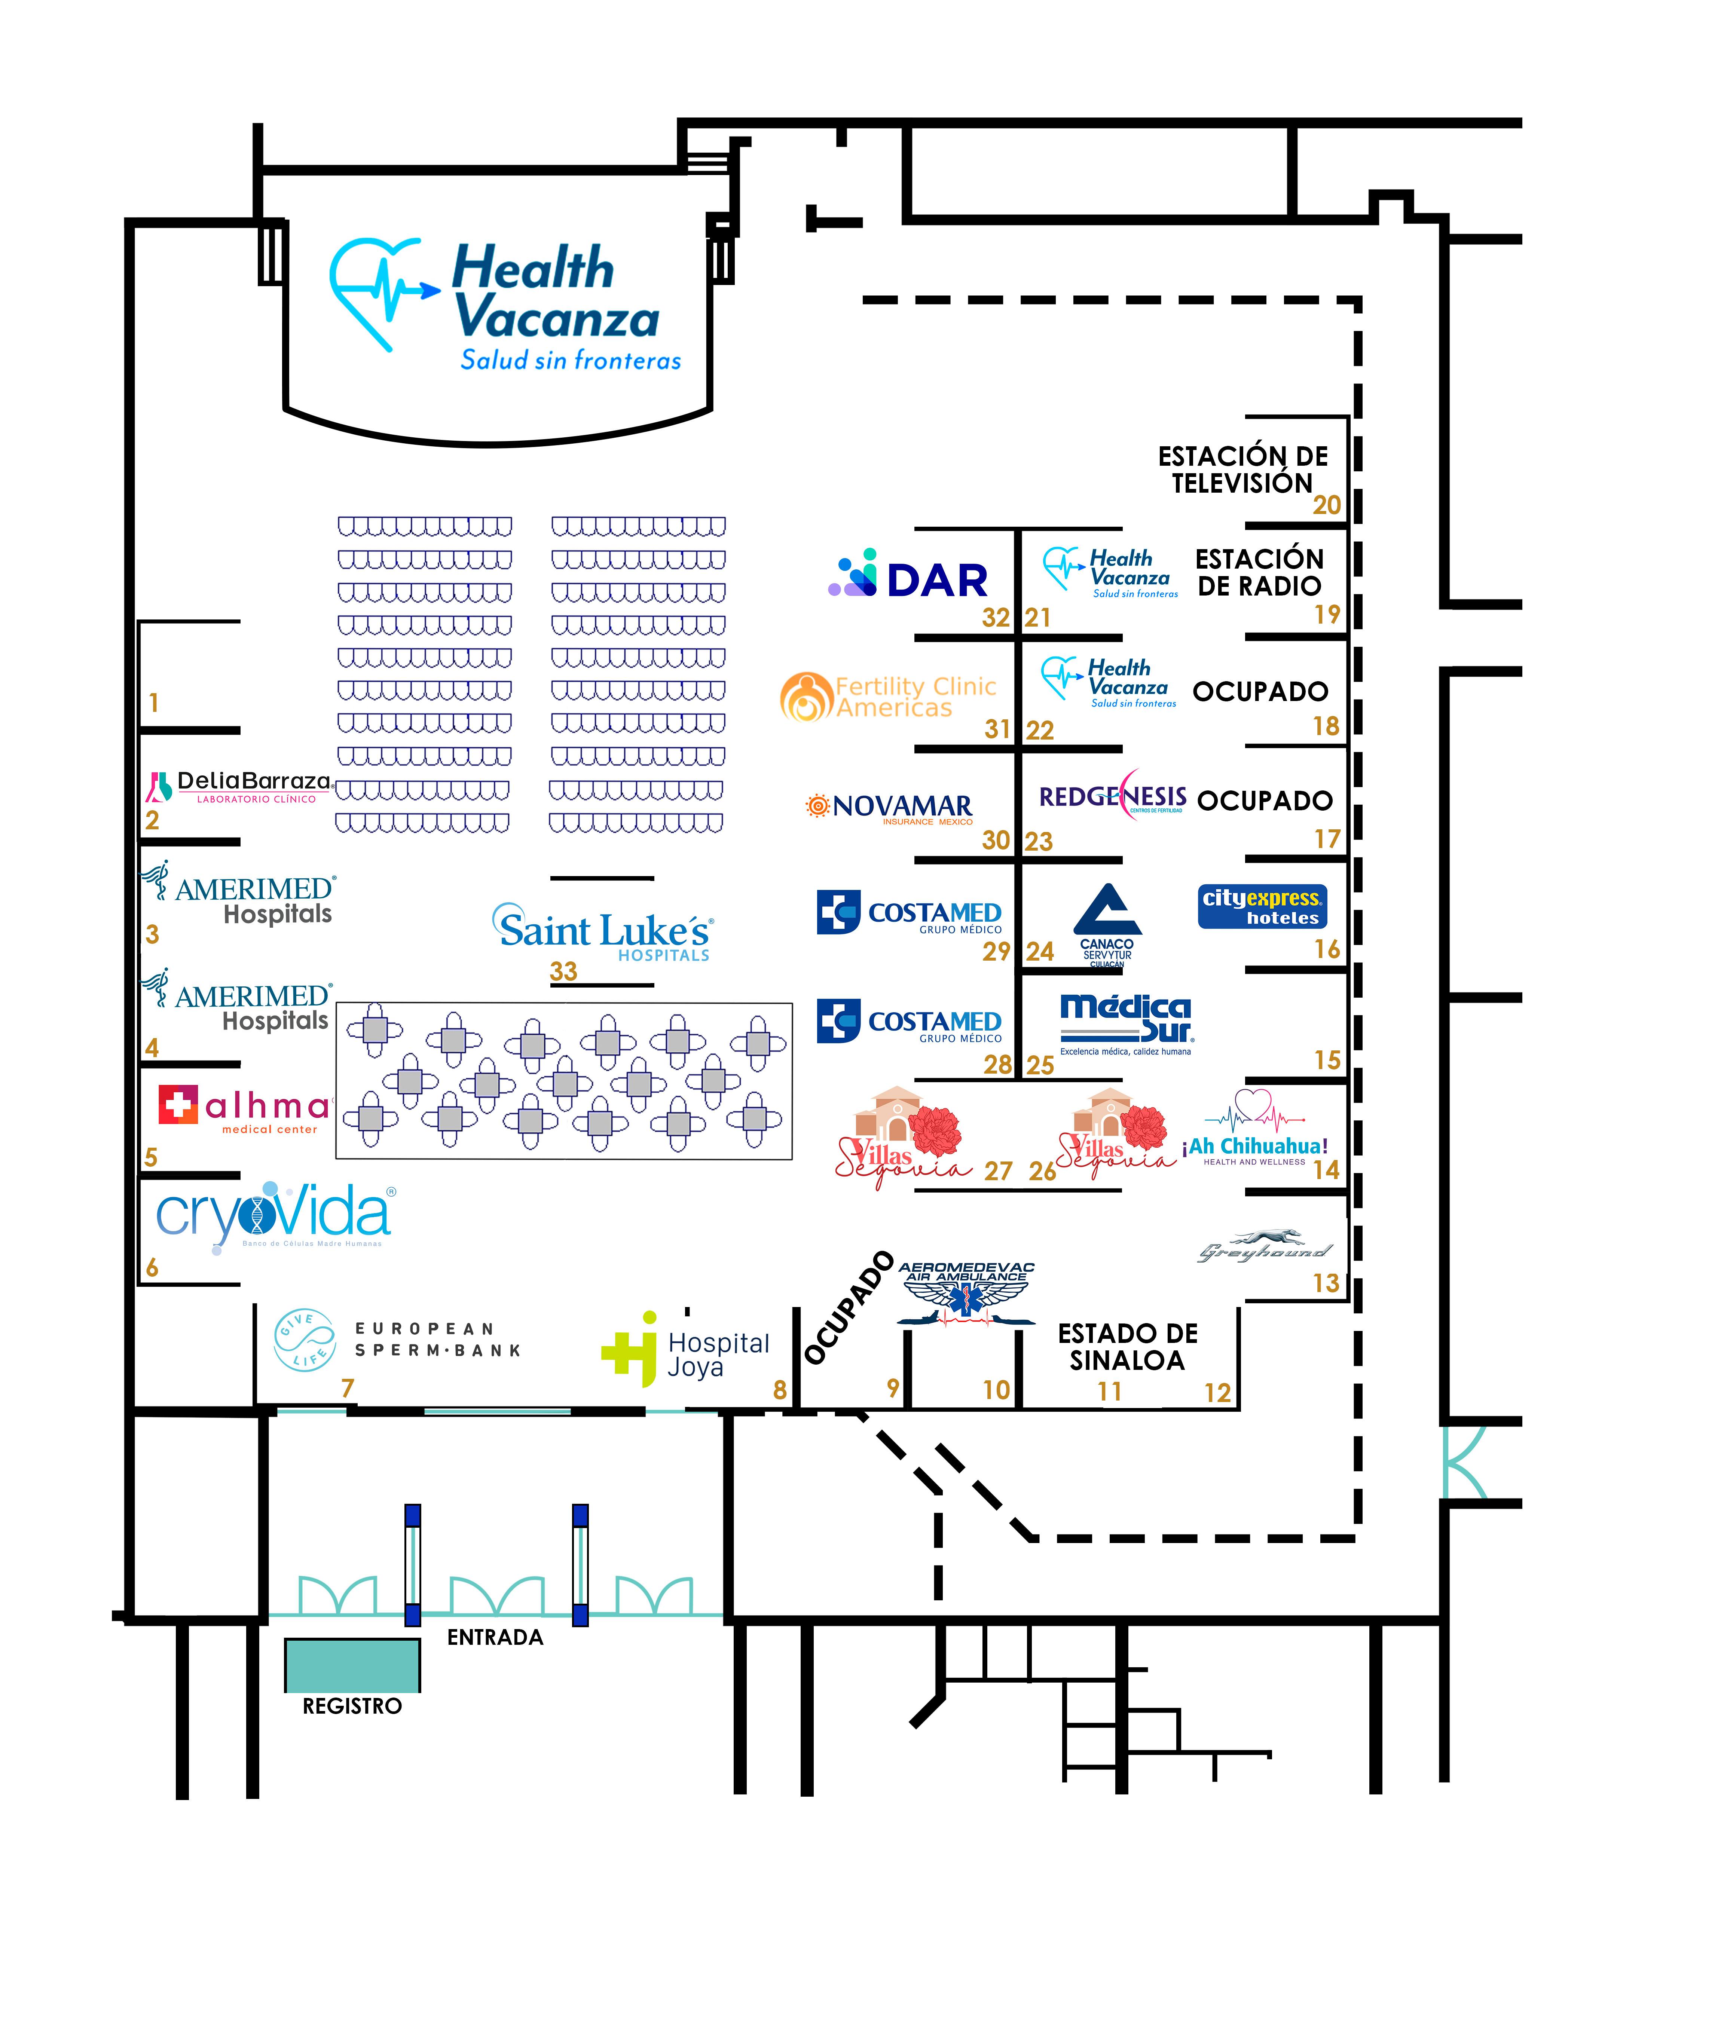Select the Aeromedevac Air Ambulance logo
965,1292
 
